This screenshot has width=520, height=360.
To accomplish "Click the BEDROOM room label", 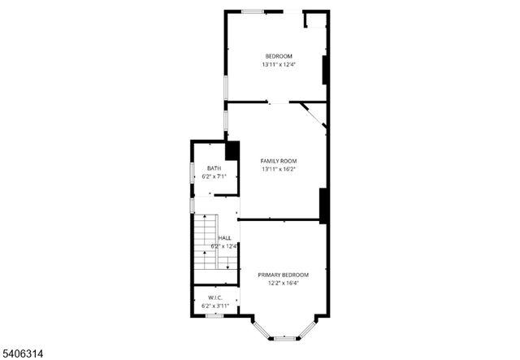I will point(278,55).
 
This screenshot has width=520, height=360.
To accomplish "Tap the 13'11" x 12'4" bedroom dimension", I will point(278,64).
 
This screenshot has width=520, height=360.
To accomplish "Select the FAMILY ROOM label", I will point(278,160).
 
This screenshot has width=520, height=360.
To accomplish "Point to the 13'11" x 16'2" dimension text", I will point(278,169).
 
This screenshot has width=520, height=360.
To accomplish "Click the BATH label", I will point(214,168).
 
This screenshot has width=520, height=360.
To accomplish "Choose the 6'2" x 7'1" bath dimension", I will point(214,177).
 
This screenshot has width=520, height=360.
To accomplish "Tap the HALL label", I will point(223,237).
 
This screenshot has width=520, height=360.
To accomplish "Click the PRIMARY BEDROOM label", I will point(283,275).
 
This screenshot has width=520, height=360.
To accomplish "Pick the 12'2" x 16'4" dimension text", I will point(283,284).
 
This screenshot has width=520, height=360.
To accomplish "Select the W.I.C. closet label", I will point(215,297).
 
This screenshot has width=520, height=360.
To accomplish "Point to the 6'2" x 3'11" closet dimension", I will point(215,306).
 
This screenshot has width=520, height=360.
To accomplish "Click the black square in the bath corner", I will point(232,151).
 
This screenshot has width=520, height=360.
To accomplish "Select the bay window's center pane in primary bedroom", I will point(284,337).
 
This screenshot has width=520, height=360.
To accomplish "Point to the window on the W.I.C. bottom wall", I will point(214,315).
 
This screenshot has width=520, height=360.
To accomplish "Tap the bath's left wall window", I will point(192,173).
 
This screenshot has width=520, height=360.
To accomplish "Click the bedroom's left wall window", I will point(226,87).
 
